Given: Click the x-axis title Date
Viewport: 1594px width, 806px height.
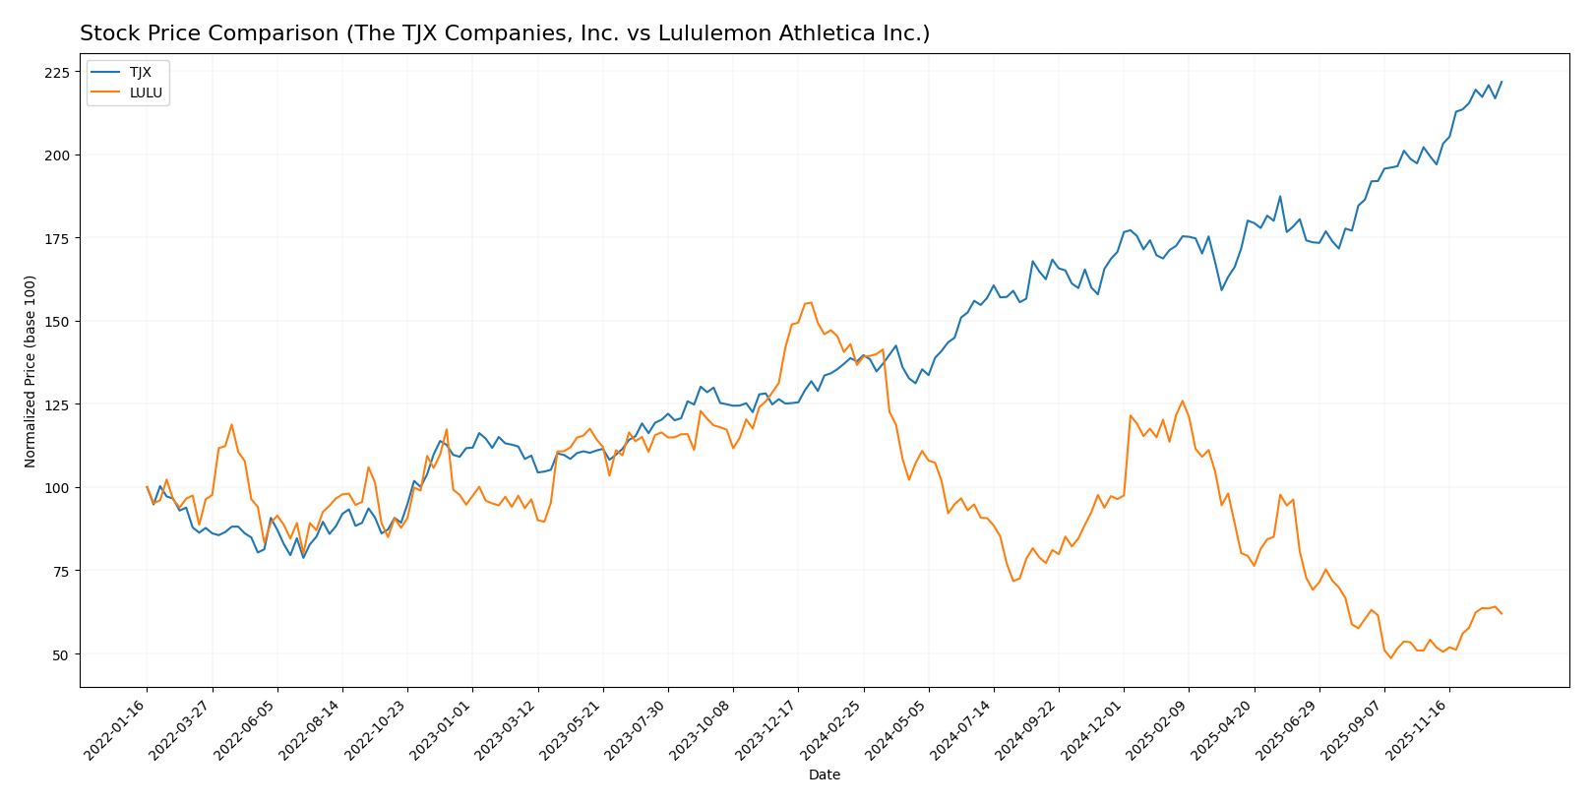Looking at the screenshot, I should pyautogui.click(x=824, y=775).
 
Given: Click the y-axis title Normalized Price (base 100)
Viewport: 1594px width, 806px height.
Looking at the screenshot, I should pyautogui.click(x=31, y=371).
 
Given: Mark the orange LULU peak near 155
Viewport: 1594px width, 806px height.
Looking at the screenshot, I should pyautogui.click(x=810, y=302).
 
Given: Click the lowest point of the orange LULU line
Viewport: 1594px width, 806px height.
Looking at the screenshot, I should pyautogui.click(x=1390, y=657).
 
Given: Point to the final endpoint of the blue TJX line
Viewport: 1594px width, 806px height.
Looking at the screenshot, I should pyautogui.click(x=1501, y=82).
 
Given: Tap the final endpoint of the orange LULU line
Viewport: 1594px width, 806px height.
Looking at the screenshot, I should pyautogui.click(x=1501, y=613).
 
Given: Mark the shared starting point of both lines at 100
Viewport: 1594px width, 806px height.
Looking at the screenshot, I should pyautogui.click(x=147, y=487).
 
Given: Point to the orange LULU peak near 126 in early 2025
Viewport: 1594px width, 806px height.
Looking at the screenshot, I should pyautogui.click(x=1182, y=401).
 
